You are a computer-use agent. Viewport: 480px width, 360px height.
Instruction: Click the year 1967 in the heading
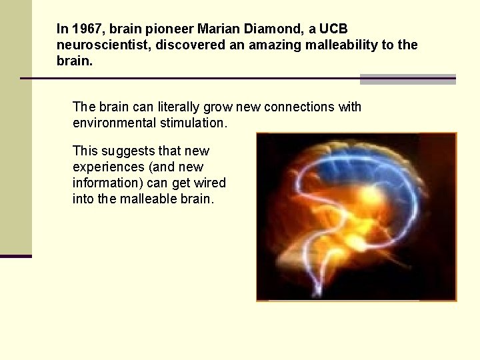[83, 29]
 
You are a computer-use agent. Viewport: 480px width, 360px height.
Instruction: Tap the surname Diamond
[270, 29]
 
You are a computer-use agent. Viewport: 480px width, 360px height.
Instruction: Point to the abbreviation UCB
[333, 29]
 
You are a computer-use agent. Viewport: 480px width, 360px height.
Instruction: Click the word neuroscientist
[104, 45]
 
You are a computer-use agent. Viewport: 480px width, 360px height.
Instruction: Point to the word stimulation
[193, 123]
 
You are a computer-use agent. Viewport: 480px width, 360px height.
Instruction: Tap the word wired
[210, 183]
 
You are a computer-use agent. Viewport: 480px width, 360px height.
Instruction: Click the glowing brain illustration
[357, 217]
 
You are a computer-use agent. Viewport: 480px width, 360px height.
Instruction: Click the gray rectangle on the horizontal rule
[407, 79]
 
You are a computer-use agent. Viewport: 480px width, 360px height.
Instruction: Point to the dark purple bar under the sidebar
[16, 256]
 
